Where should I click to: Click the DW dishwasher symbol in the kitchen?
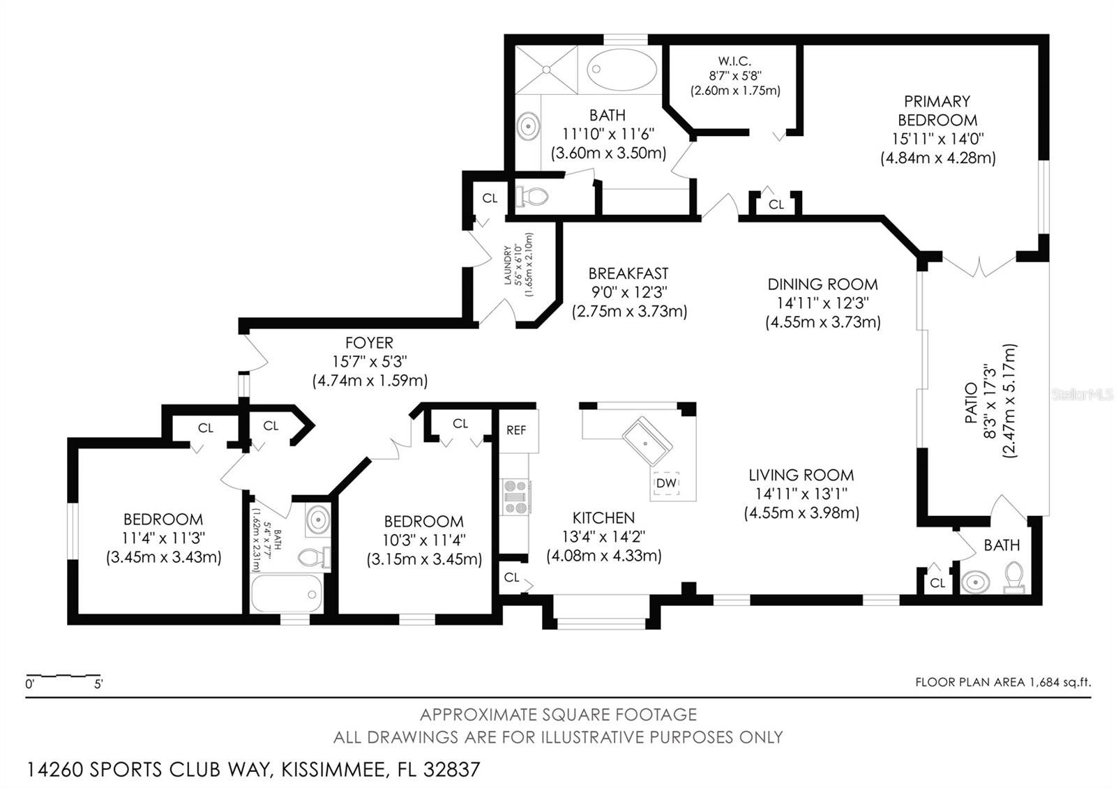pyautogui.click(x=666, y=483)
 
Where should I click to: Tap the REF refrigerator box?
pyautogui.click(x=516, y=430)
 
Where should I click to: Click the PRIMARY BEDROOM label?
pyautogui.click(x=937, y=110)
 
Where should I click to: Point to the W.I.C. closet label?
pyautogui.click(x=735, y=61)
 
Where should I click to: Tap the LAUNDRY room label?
pyautogui.click(x=508, y=265)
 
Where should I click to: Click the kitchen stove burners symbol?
pyautogui.click(x=516, y=496)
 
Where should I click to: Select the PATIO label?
pyautogui.click(x=971, y=403)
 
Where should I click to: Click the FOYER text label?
pyautogui.click(x=369, y=342)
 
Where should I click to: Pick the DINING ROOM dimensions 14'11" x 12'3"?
pyautogui.click(x=822, y=303)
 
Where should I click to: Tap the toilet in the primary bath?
pyautogui.click(x=531, y=197)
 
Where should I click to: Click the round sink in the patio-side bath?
pyautogui.click(x=974, y=581)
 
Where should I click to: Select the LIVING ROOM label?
pyautogui.click(x=801, y=475)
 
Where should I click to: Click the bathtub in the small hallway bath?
pyautogui.click(x=287, y=593)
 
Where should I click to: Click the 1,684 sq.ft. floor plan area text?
pyautogui.click(x=1003, y=682)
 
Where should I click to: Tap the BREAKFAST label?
pyautogui.click(x=628, y=273)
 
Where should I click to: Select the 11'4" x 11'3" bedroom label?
pyautogui.click(x=164, y=538)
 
